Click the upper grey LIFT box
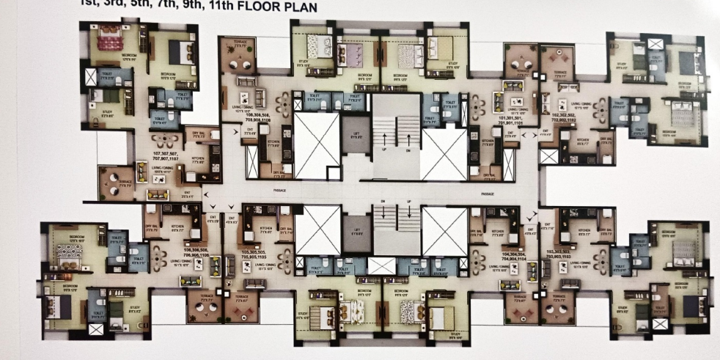356,135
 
